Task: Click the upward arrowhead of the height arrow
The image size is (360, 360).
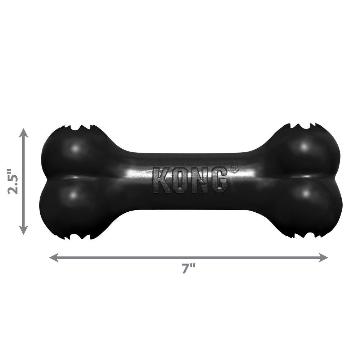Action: point(24,132)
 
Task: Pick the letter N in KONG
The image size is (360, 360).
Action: point(199,180)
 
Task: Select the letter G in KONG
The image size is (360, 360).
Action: point(219,180)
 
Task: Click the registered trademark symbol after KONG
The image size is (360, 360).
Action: point(234,168)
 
